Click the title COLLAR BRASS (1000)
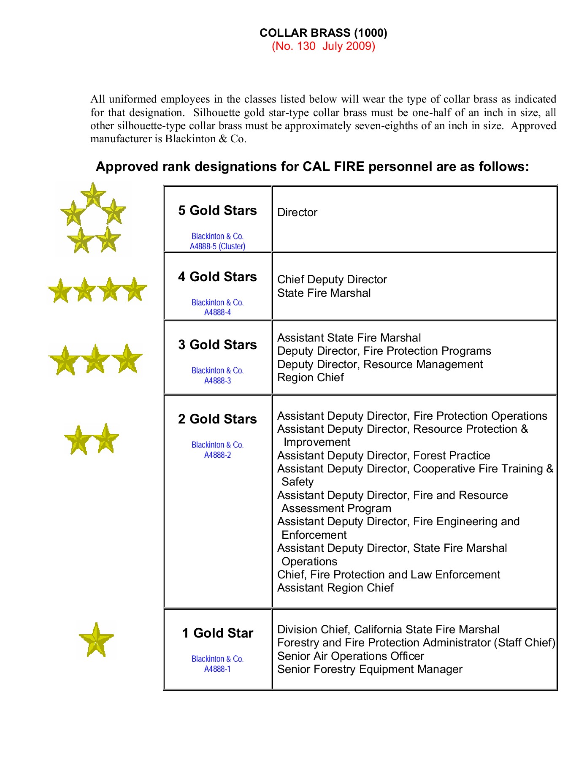pos(323,33)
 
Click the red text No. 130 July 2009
pos(323,46)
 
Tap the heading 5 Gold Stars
pos(217,210)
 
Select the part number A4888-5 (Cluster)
pos(217,246)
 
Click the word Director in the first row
pos(297,212)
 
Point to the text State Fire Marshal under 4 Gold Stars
pos(324,293)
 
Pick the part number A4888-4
pos(217,312)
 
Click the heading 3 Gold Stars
pos(217,345)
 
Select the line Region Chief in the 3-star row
pos(310,377)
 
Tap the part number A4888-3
pos(217,380)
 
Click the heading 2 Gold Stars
pos(217,419)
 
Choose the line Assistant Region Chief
pos(335,588)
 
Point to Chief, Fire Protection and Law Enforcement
pos(388,575)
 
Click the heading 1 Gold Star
pos(217,633)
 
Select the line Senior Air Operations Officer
pos(350,656)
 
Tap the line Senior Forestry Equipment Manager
pos(370,669)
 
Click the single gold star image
pos(96,640)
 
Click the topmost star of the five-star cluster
pos(93,195)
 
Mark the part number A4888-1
pos(217,669)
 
